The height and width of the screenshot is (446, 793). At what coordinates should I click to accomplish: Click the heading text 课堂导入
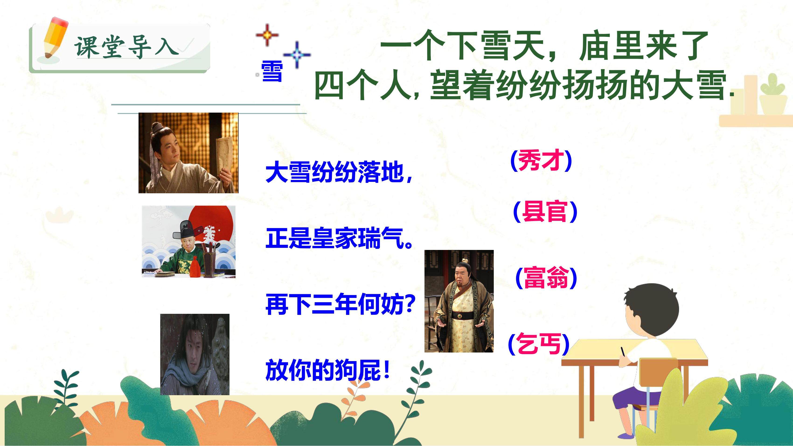tap(126, 48)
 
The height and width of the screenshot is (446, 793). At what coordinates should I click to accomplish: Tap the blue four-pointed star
tap(297, 55)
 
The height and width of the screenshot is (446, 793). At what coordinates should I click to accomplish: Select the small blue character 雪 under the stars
tap(272, 71)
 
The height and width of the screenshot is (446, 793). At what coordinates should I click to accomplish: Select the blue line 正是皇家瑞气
tap(339, 238)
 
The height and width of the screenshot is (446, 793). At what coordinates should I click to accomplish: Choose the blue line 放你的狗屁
tap(328, 370)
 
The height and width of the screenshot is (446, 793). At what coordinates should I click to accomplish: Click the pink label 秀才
tap(541, 161)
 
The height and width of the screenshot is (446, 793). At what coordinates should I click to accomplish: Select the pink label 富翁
tap(546, 278)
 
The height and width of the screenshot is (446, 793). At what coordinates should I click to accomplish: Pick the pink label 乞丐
tap(538, 344)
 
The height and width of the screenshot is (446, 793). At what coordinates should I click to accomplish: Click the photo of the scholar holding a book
tap(188, 153)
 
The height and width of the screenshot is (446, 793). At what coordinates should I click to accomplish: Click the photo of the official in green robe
tap(188, 242)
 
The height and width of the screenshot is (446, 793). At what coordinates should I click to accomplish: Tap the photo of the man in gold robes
tap(459, 301)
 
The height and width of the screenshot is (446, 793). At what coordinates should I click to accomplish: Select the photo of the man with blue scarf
tap(195, 354)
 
